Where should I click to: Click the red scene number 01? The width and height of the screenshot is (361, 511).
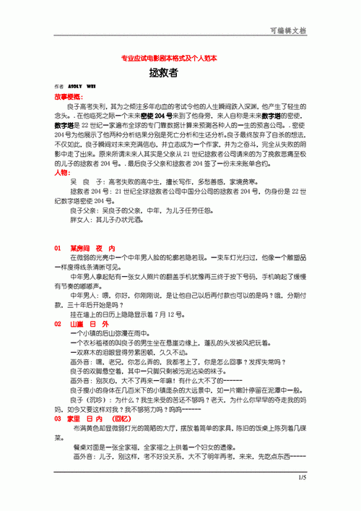[58, 248]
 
